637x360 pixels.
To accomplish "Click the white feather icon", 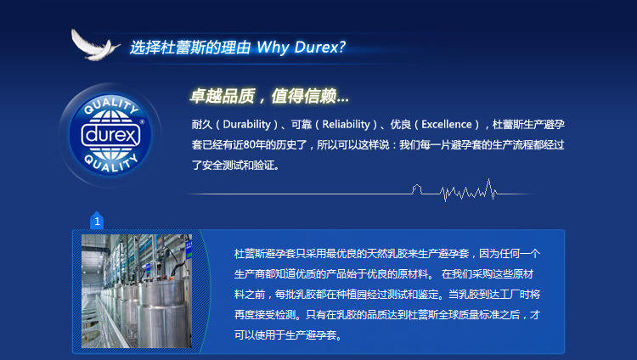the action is [x=94, y=46].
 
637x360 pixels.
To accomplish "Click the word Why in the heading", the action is [x=273, y=48].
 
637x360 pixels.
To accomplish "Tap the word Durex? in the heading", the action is [x=319, y=48].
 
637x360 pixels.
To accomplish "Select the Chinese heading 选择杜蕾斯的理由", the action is [x=190, y=48].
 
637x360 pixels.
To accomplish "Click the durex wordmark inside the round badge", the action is [x=110, y=135].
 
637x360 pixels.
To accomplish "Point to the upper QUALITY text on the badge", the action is [x=111, y=105].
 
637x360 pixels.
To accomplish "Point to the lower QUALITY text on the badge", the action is [x=110, y=163].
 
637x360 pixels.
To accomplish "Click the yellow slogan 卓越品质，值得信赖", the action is [x=269, y=96].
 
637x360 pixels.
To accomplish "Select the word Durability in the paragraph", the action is [x=246, y=124].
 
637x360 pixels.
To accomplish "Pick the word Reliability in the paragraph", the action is [x=347, y=124].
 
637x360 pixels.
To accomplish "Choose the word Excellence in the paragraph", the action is [x=447, y=124].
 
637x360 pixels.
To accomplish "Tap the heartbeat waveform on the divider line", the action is [x=468, y=190].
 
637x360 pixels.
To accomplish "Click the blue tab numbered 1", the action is [x=97, y=221].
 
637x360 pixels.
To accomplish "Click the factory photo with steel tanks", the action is [x=137, y=291].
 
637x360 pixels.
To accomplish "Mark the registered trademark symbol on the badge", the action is [x=142, y=121].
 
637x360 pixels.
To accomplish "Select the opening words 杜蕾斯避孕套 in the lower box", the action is [x=265, y=254].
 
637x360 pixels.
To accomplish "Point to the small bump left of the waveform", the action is [x=416, y=189].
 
